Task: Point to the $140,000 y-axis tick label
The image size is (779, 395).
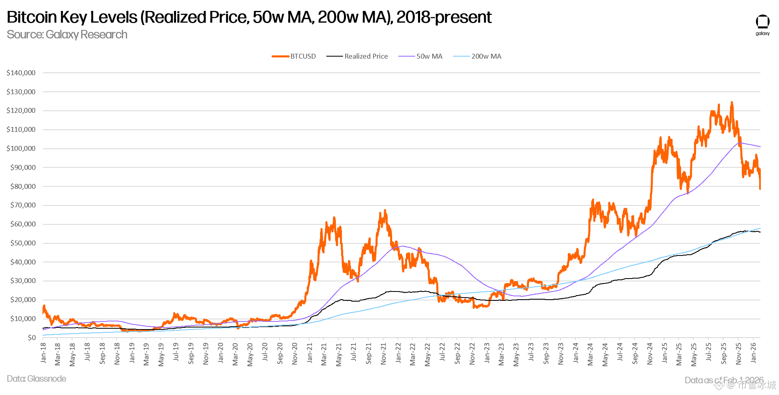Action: pyautogui.click(x=21, y=73)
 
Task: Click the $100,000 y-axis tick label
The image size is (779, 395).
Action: pyautogui.click(x=21, y=148)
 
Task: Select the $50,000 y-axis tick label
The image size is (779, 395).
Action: pyautogui.click(x=23, y=243)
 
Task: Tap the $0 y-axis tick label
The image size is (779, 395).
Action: pyautogui.click(x=32, y=338)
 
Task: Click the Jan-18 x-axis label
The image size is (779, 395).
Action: pyautogui.click(x=43, y=353)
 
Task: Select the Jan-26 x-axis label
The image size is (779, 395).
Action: pyautogui.click(x=753, y=353)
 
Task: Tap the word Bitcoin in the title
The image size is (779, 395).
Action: pyautogui.click(x=32, y=17)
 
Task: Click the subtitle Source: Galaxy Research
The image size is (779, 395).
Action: pyautogui.click(x=67, y=35)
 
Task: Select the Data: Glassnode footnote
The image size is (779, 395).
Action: pyautogui.click(x=36, y=379)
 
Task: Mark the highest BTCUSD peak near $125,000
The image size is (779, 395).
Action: pyautogui.click(x=732, y=102)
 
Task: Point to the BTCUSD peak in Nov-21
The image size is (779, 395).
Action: pyautogui.click(x=385, y=210)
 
